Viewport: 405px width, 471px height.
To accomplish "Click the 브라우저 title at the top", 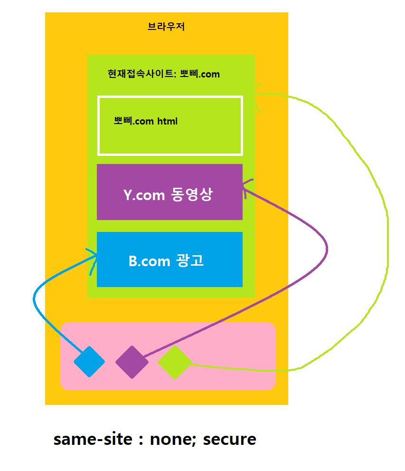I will (x=166, y=27).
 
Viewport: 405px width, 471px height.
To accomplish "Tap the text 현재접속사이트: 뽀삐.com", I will (x=163, y=74).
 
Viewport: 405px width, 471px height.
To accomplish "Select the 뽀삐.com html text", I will (x=146, y=121).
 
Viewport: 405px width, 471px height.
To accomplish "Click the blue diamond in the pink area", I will (x=89, y=362).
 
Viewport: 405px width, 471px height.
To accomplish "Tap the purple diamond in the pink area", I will (x=132, y=362).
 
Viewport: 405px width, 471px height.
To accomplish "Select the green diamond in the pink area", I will (x=174, y=362).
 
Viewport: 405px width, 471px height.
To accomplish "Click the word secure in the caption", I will (x=229, y=439).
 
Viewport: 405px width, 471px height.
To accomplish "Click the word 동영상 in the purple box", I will (x=190, y=195).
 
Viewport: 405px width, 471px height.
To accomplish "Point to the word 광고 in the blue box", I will (x=190, y=261).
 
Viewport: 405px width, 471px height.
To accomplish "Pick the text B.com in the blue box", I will (x=149, y=261).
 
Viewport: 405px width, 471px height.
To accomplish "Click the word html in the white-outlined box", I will (x=167, y=121).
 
